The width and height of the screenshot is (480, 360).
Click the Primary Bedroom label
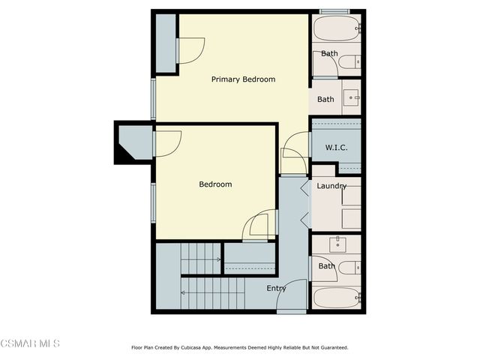[x=243, y=79]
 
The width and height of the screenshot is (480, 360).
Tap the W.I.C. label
[x=336, y=147]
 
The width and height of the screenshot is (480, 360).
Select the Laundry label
[x=331, y=186]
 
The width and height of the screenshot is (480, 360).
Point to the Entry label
[x=276, y=288]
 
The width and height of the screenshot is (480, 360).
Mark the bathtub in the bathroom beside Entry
[x=335, y=298]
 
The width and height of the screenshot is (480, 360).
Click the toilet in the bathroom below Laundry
[x=350, y=267]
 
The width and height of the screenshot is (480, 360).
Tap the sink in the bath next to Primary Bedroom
[x=351, y=97]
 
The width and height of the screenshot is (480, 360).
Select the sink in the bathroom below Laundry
[x=338, y=244]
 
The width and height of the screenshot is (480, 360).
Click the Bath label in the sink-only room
[x=325, y=99]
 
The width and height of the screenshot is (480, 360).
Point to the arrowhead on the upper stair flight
[x=218, y=259]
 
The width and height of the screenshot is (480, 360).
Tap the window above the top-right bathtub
[x=334, y=11]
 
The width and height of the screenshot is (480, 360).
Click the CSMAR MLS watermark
[x=30, y=343]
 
